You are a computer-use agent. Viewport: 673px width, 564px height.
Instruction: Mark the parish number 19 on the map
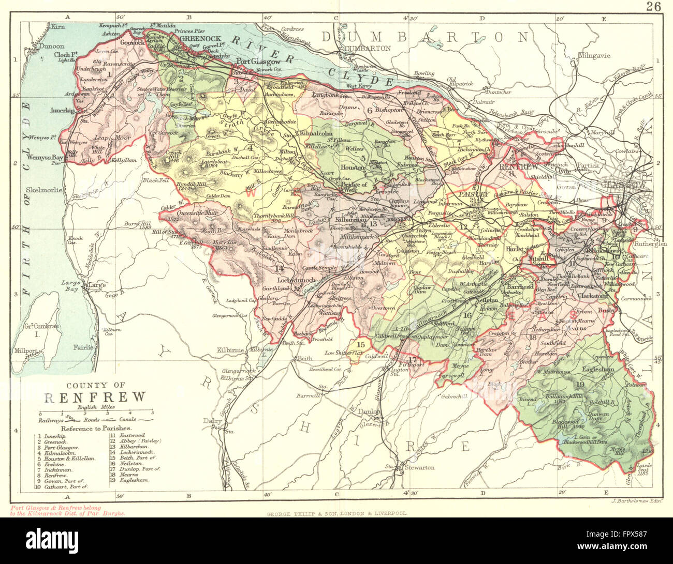[x=580, y=384]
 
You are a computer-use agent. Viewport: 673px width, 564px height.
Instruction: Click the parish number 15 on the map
[x=361, y=344]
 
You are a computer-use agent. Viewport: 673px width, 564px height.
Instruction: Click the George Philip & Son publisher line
[x=336, y=514]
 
